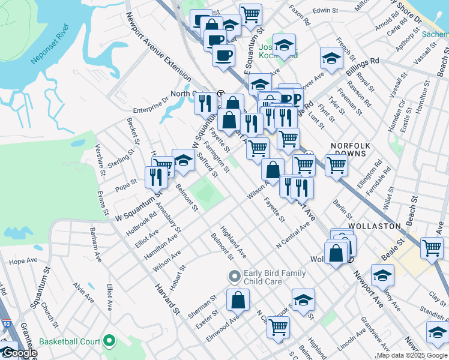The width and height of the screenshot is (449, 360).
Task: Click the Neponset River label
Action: [x=49, y=44]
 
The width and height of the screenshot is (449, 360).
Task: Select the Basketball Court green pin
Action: [x=109, y=341]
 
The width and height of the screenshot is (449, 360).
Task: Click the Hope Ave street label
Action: [x=24, y=261]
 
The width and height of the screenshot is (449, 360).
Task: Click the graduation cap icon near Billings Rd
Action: [x=331, y=58]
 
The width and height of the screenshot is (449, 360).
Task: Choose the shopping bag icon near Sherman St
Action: [x=238, y=299]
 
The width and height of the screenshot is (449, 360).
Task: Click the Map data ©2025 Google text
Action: [x=412, y=355]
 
